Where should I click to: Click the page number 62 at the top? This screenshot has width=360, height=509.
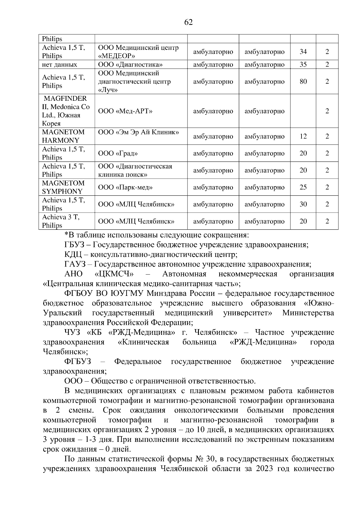pos(188,22)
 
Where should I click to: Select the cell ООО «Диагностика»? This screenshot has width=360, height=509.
pos(130,64)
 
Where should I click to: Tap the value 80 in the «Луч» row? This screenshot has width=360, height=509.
pos(303,82)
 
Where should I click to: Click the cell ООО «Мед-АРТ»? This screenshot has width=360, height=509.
pos(125,111)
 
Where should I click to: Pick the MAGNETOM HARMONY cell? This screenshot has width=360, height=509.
pos(63,136)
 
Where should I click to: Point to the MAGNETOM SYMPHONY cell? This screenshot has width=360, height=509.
pos(63,187)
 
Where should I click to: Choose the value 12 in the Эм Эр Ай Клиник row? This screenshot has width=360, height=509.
pos(303,136)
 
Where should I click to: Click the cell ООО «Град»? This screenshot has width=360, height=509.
pos(118,153)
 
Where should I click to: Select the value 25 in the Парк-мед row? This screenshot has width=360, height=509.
pos(303,187)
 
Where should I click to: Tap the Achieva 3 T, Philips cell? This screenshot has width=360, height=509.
pos(61,221)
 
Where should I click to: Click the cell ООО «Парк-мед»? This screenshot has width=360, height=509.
pos(125,187)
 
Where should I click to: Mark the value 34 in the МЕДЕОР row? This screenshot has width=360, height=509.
pos(303,52)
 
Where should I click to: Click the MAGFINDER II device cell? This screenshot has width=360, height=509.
pos(66,111)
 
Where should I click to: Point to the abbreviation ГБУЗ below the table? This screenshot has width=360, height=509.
pos(73,245)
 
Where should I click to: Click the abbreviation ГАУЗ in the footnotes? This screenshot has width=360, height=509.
pos(75,264)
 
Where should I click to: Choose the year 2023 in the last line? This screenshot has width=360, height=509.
pos(264,469)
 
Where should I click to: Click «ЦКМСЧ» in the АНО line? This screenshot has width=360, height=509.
pos(114,274)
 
